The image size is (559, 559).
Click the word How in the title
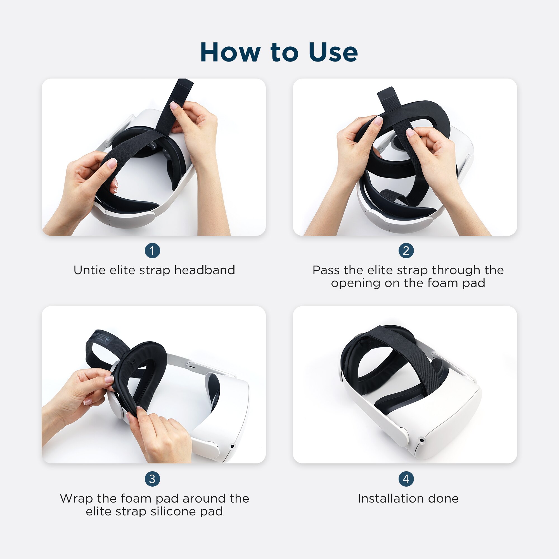[230, 52]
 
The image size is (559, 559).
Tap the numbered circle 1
[152, 250]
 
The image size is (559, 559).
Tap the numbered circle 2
[406, 250]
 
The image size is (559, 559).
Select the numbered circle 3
[152, 479]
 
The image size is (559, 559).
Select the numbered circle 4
[406, 479]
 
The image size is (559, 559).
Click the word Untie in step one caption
[89, 270]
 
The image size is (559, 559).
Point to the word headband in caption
[205, 270]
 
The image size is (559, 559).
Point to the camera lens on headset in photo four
[422, 440]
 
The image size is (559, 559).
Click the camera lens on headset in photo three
[232, 446]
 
